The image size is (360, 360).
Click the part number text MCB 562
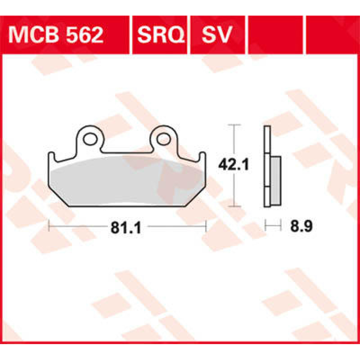pyautogui.click(x=56, y=35)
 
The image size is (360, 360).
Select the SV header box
pyautogui.click(x=217, y=35)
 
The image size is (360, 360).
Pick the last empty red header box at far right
pyautogui.click(x=332, y=35)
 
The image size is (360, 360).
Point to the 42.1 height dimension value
pyautogui.click(x=233, y=165)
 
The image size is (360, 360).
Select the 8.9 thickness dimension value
pyautogui.click(x=301, y=227)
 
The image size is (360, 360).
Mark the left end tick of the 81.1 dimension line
pyautogui.click(x=49, y=226)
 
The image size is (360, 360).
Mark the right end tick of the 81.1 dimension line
pyautogui.click(x=206, y=226)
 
